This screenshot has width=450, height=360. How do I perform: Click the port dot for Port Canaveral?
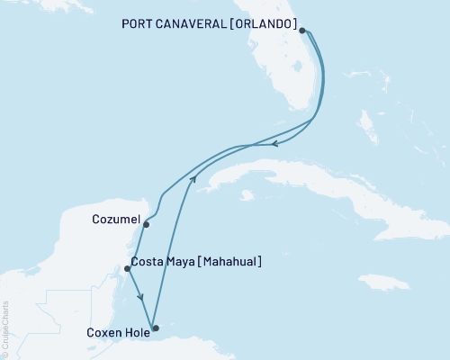click(x=302, y=31)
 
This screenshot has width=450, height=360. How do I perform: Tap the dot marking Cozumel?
click(x=145, y=225)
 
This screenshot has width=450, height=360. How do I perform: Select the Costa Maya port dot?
click(x=127, y=267)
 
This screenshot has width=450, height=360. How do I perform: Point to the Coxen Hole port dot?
click(x=155, y=328)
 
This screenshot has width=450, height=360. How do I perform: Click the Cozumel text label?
click(x=115, y=219)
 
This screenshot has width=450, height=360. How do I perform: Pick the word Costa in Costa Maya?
click(x=148, y=262)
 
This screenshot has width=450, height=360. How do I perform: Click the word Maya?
click(x=184, y=262)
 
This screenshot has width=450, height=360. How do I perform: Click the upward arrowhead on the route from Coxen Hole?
click(x=192, y=180)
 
